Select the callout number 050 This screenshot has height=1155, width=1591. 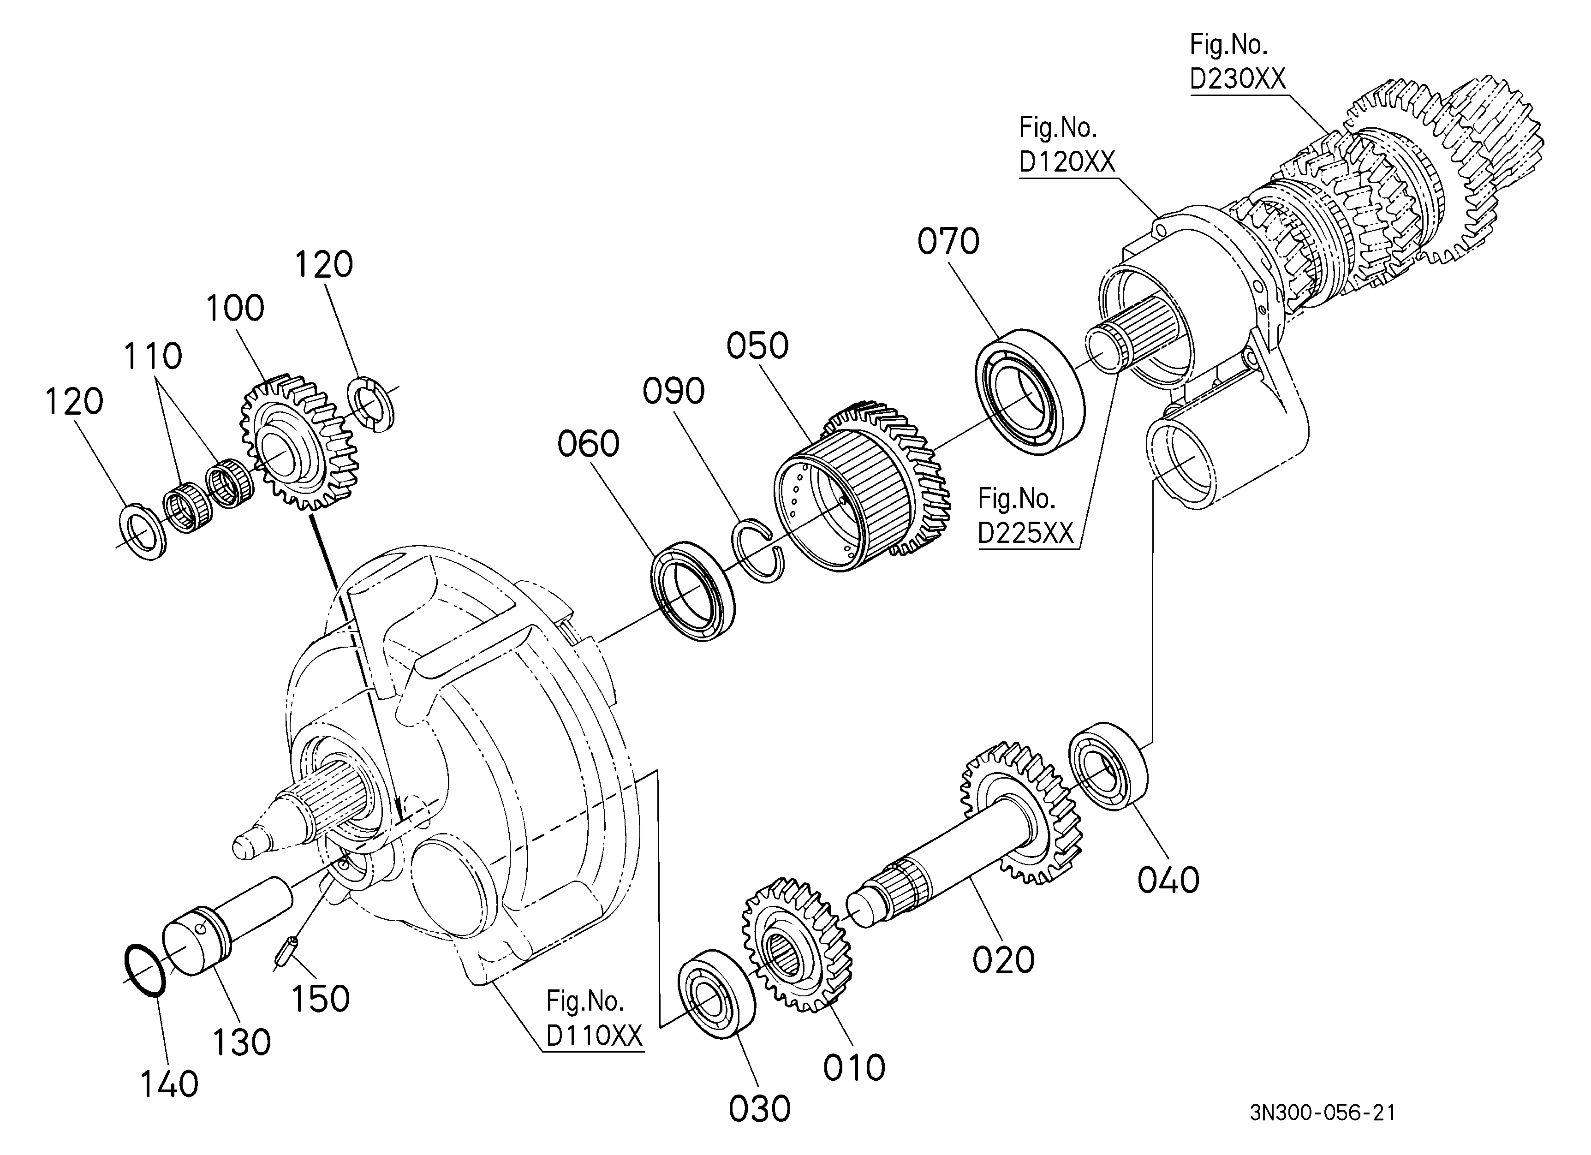757,346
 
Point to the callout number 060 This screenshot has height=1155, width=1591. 589,444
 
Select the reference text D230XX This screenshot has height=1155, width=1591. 1238,79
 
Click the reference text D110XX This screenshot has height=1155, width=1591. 594,1036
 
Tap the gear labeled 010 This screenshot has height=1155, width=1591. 797,945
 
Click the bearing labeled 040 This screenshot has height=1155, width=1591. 1108,767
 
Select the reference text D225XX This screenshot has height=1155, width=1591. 1025,534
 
